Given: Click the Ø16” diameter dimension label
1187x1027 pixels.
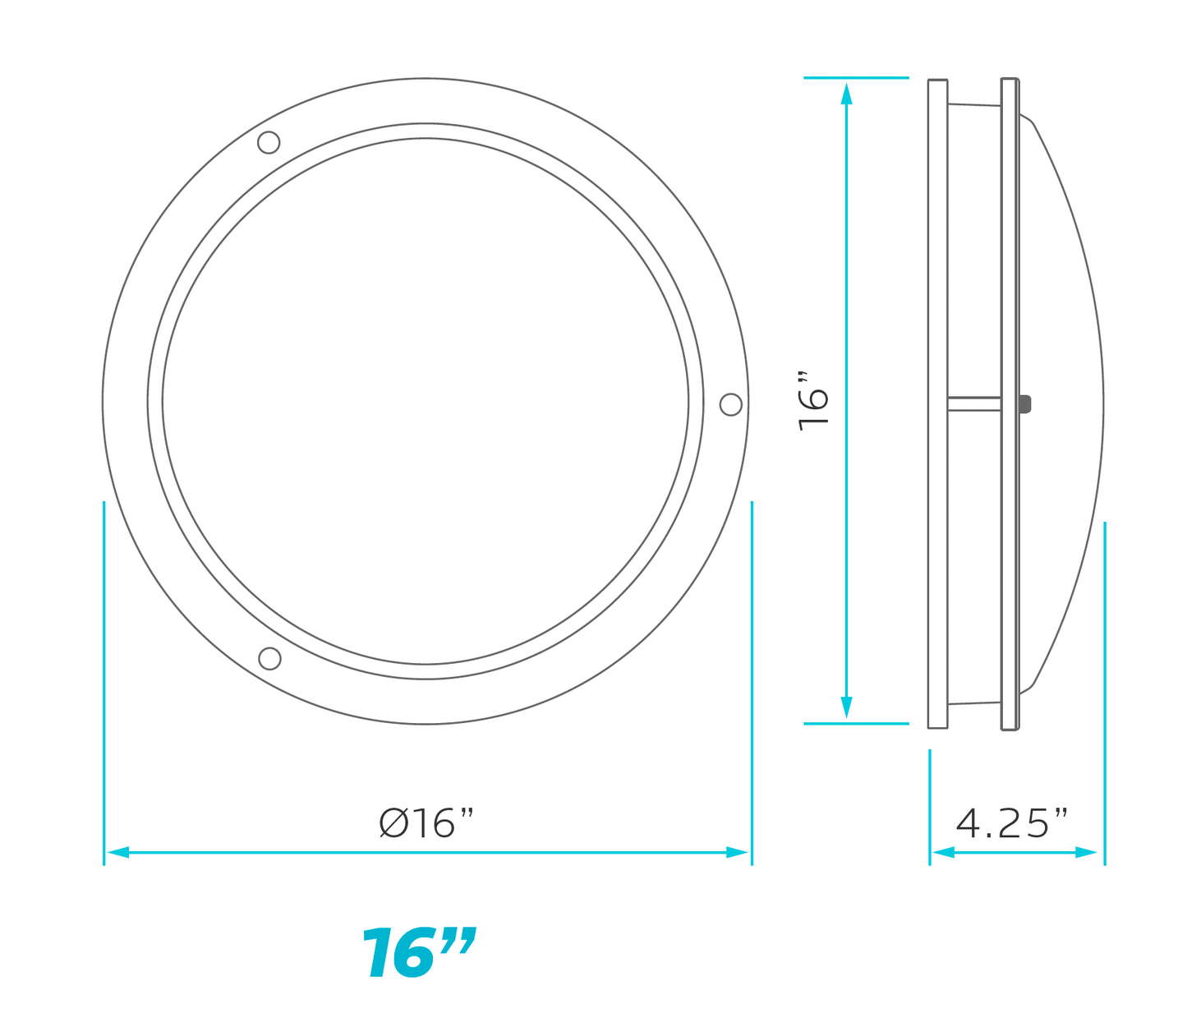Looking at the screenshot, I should coord(427,822).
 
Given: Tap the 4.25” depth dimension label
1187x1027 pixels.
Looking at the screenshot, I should coord(1012,822).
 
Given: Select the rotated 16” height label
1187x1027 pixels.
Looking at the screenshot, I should coord(814,401).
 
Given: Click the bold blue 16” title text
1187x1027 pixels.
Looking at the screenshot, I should coord(418,953).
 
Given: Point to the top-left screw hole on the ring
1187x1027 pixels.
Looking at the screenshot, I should coord(269,142).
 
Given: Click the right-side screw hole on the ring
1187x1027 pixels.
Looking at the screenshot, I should coord(730,404).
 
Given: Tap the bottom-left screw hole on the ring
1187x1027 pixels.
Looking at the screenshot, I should coord(269,658).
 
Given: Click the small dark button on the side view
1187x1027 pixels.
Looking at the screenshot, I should coord(1024,403).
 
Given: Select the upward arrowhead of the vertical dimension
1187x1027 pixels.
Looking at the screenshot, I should coord(846,93).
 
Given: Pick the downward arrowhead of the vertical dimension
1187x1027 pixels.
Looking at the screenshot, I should coord(846,708).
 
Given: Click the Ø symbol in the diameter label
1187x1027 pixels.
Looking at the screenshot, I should coord(393,822).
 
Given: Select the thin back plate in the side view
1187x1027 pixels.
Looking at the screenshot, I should coord(937,246).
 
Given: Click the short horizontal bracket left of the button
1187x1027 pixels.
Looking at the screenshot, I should coord(974,403).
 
